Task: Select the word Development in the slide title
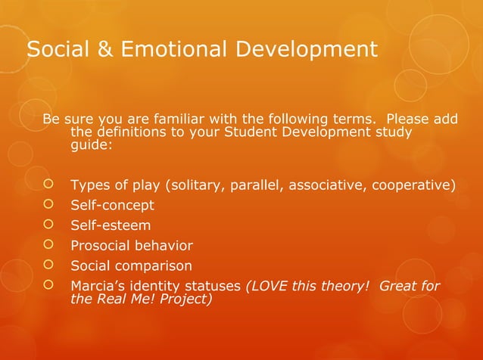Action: click(x=305, y=51)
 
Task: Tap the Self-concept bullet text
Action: click(x=112, y=206)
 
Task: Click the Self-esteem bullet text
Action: click(x=110, y=225)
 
